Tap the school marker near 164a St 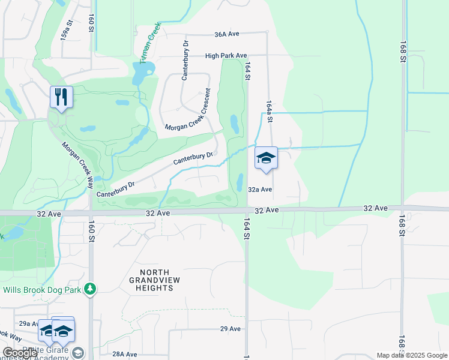[266, 158]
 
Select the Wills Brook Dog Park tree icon [90, 289]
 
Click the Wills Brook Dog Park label [43, 290]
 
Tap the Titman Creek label [147, 49]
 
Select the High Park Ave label [226, 55]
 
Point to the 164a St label [270, 112]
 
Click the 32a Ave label [261, 189]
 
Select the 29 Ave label [230, 329]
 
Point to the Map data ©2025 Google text [412, 355]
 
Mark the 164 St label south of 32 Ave [246, 230]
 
